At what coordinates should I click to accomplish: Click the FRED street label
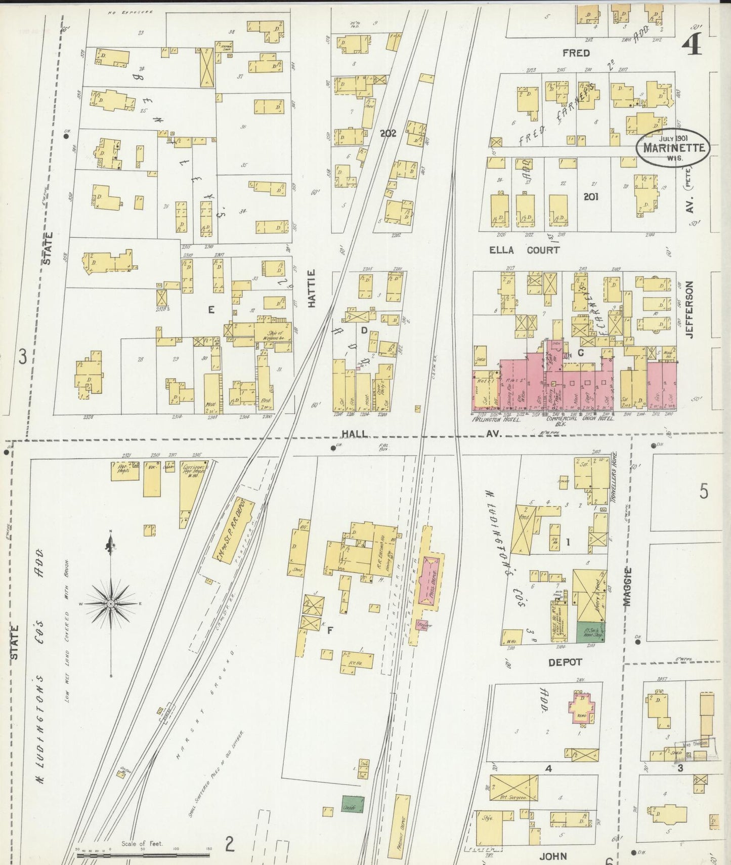click(x=576, y=53)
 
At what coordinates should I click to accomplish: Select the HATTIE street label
click(x=311, y=289)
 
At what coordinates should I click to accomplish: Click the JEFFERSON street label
click(x=690, y=310)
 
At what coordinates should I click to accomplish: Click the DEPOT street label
click(x=565, y=662)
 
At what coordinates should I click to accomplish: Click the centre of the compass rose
click(x=110, y=604)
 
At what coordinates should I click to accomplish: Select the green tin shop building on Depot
click(x=590, y=632)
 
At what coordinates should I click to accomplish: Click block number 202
click(x=388, y=134)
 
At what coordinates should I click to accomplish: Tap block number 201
click(x=591, y=196)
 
